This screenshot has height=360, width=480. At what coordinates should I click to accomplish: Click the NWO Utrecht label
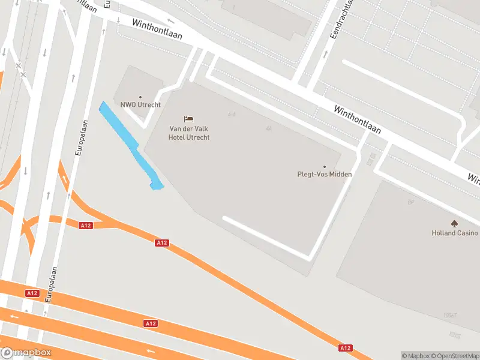(x=140, y=105)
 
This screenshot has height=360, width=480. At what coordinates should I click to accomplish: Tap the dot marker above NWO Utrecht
(x=140, y=97)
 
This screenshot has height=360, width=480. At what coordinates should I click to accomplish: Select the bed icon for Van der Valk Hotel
(x=189, y=119)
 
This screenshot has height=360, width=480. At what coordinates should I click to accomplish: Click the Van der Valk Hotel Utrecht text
(x=189, y=133)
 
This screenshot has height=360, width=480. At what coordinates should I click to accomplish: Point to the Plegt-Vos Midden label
(x=325, y=175)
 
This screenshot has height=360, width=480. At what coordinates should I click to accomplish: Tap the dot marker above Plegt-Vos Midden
(x=325, y=167)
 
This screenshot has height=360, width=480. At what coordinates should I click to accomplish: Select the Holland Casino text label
(x=455, y=233)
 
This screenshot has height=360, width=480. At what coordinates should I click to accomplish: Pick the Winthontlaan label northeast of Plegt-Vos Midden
(x=358, y=119)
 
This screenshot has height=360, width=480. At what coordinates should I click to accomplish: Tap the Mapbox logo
(x=26, y=353)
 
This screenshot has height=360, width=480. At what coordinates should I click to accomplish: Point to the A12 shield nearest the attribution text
(x=345, y=348)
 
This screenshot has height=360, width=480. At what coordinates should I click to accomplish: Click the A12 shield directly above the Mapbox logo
(x=32, y=293)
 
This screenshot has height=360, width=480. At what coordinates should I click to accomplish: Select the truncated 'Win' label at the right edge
(x=473, y=178)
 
